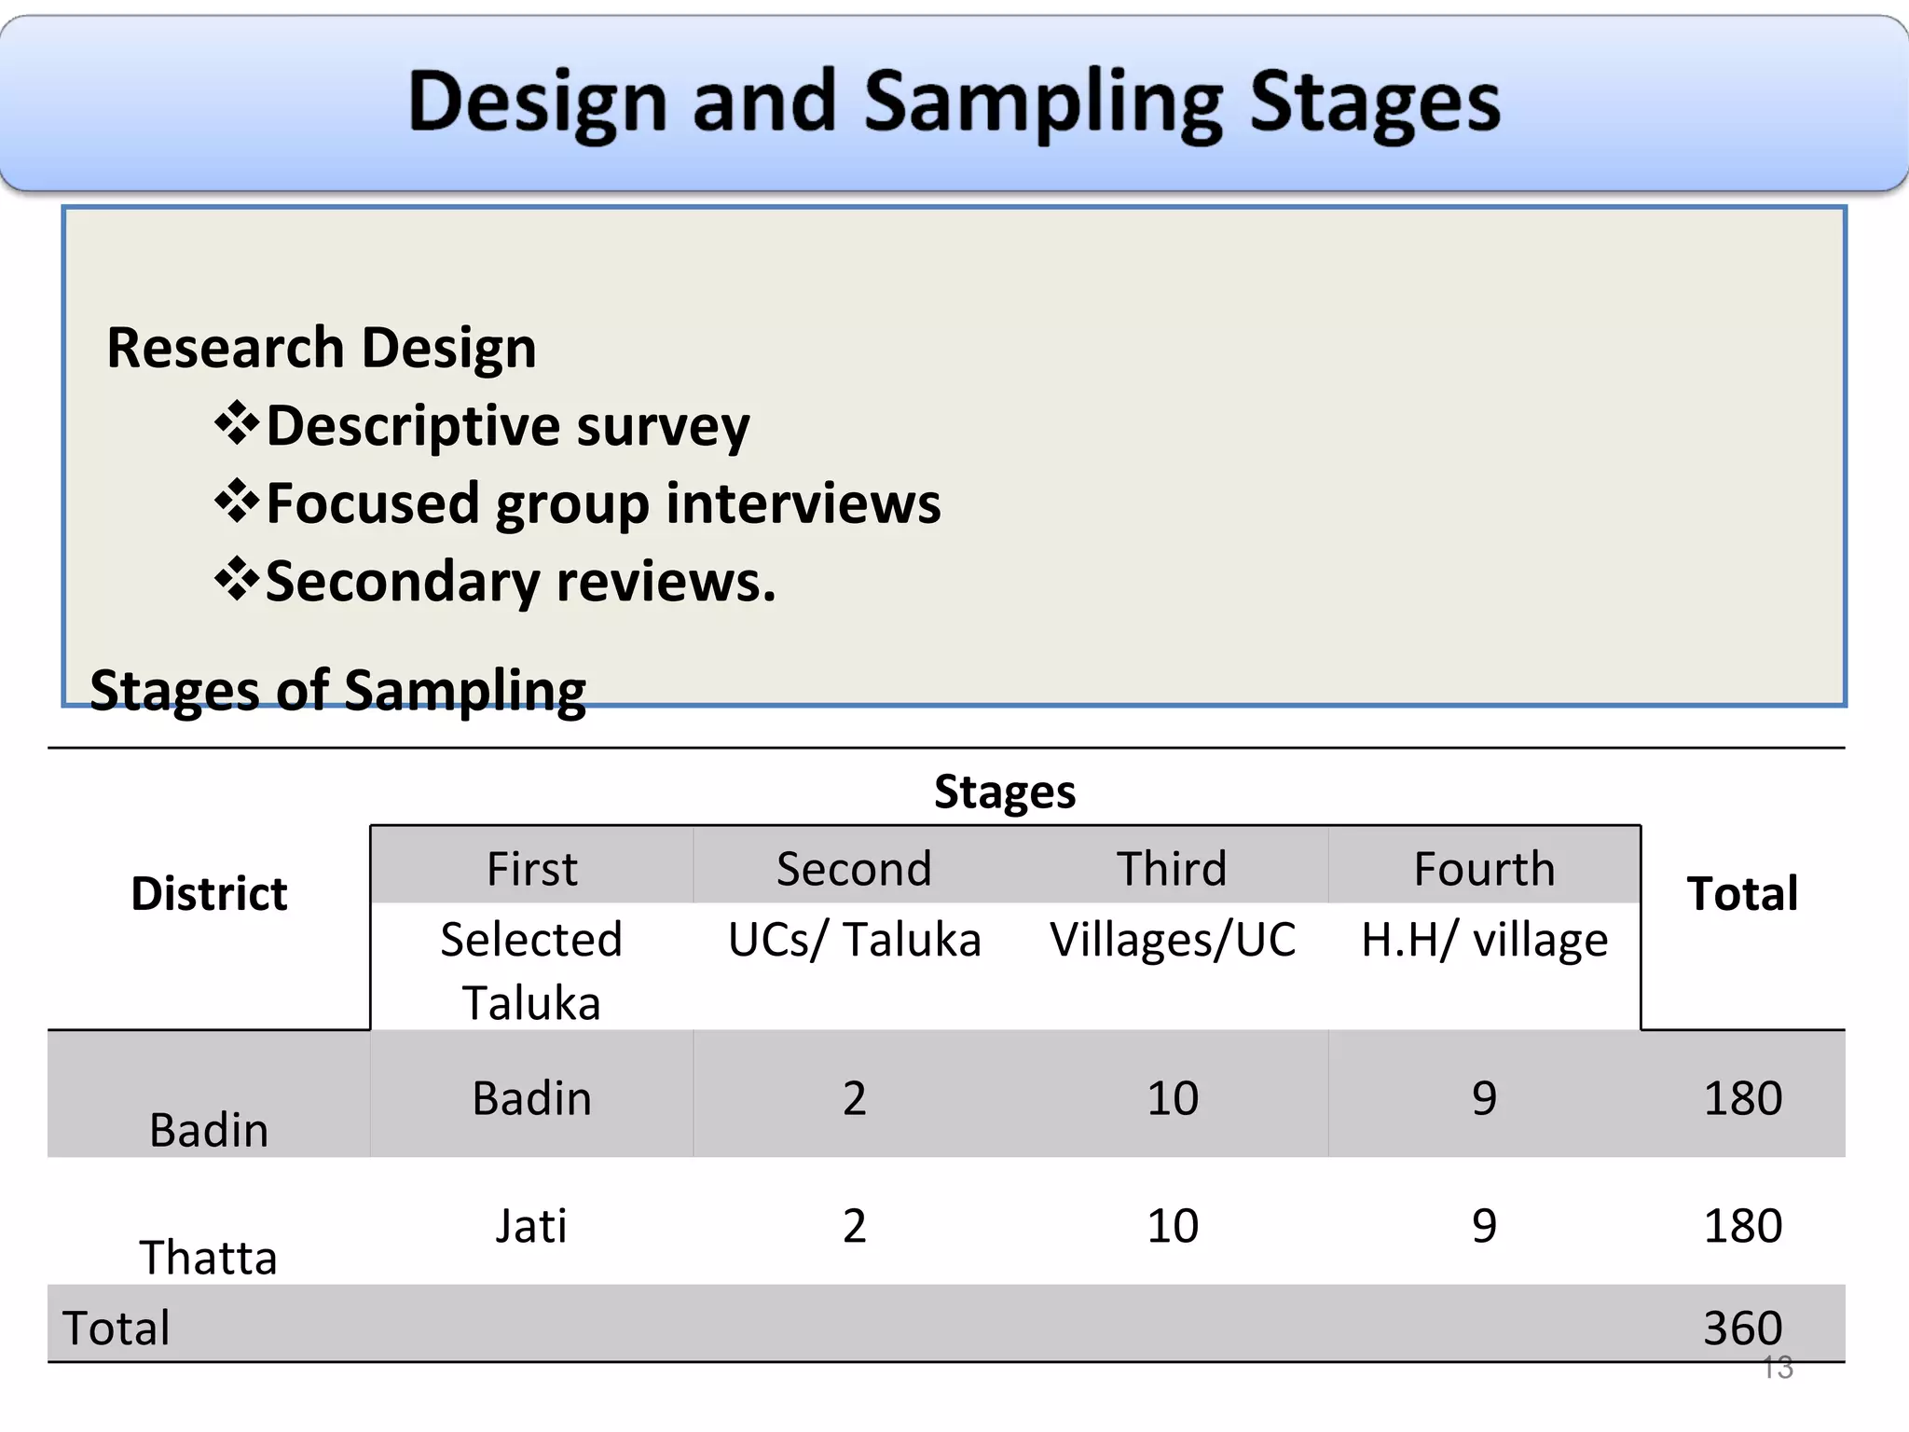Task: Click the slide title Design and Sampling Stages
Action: tap(954, 103)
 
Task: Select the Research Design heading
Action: tap(321, 348)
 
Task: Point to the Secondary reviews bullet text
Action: tap(520, 582)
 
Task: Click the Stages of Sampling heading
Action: tap(337, 691)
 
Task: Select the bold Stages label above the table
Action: tap(1004, 792)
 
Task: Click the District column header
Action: tap(209, 893)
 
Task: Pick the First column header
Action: tap(531, 869)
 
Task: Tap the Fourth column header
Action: tap(1484, 869)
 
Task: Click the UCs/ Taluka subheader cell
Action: tap(854, 940)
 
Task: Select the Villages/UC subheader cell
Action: tap(1172, 940)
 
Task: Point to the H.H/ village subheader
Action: tap(1484, 940)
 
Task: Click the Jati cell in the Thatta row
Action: tap(531, 1225)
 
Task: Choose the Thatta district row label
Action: tap(209, 1257)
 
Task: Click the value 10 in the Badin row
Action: tap(1172, 1098)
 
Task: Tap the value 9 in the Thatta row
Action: tap(1484, 1225)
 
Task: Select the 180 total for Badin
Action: tap(1742, 1098)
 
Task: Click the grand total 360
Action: tap(1742, 1327)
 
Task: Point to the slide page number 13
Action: tap(1777, 1368)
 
